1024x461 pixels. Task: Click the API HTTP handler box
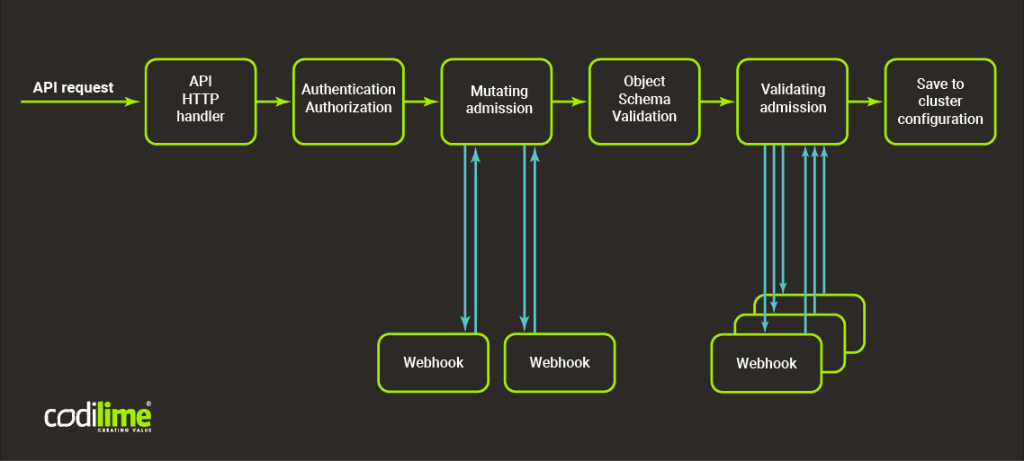point(201,102)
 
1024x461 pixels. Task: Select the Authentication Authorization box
point(348,102)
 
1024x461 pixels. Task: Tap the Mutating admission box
point(496,102)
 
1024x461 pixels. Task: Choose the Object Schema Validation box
point(644,102)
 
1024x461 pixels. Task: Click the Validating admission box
point(792,102)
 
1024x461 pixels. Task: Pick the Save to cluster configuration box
point(940,102)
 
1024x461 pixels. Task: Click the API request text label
point(73,87)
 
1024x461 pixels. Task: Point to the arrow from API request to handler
point(81,102)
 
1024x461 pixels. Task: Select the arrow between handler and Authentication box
point(274,102)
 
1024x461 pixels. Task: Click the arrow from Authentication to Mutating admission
point(422,102)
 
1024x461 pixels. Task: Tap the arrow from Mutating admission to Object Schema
point(570,102)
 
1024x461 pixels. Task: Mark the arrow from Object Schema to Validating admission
point(718,102)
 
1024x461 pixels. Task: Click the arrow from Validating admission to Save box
point(866,102)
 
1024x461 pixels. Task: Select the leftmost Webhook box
point(433,363)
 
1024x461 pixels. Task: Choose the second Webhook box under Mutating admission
point(560,363)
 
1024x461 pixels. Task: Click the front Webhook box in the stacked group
point(767,364)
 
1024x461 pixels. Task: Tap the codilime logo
point(98,417)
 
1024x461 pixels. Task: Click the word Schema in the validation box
point(644,99)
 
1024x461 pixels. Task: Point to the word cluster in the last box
point(940,102)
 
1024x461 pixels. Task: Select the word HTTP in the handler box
point(201,99)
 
